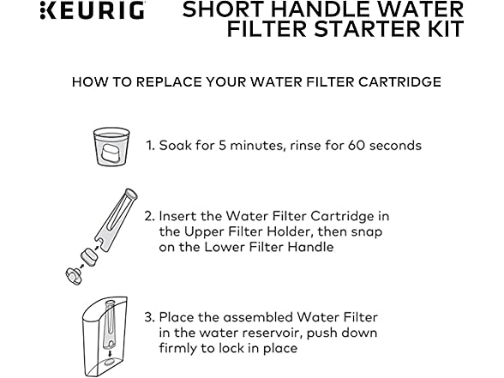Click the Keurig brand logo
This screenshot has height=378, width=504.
coord(93,10)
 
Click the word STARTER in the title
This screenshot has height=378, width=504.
coord(367,29)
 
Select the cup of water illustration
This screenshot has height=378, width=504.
coord(111,147)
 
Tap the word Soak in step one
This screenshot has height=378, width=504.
coord(176,146)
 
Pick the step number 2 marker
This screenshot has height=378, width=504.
coord(149,216)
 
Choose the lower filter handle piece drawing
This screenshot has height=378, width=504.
coord(74,276)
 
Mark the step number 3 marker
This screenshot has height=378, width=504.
coord(149,317)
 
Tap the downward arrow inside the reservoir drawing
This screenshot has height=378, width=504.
coord(110,353)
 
